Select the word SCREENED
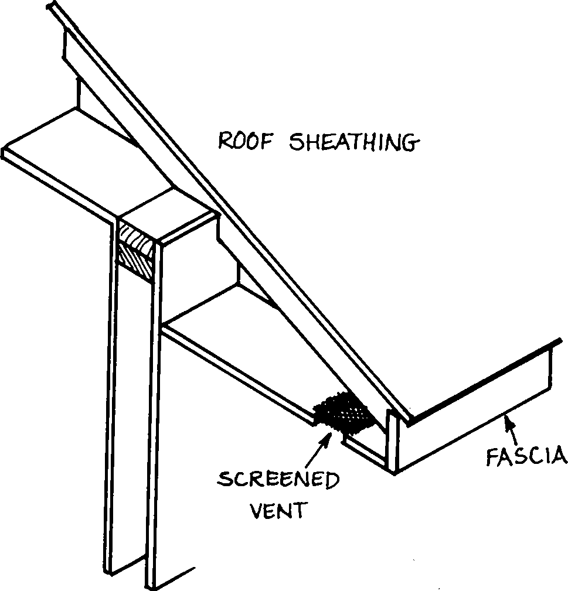(x=278, y=481)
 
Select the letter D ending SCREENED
(x=332, y=481)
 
